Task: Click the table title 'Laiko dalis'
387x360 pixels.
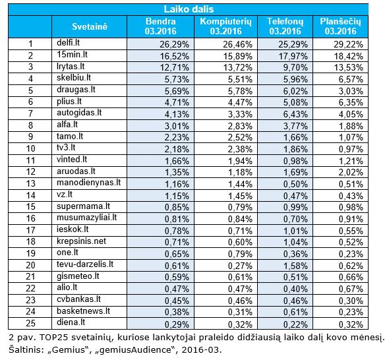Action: click(189, 9)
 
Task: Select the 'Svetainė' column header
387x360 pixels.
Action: click(90, 26)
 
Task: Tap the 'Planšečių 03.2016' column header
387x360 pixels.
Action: click(340, 26)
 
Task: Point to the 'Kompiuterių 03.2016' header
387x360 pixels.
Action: click(225, 26)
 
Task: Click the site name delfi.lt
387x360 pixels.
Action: click(68, 43)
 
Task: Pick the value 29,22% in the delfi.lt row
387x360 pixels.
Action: click(348, 44)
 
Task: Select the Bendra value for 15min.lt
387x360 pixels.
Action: click(175, 56)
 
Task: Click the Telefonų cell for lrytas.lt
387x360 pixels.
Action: click(295, 68)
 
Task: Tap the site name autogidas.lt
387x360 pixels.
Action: click(79, 113)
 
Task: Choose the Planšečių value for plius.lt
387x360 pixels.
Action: click(351, 102)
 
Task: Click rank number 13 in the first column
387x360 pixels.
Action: click(30, 183)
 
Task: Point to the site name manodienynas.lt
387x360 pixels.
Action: click(88, 183)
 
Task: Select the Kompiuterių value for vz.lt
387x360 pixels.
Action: click(240, 196)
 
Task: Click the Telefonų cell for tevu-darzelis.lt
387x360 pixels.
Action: click(295, 266)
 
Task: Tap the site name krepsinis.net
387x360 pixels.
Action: click(81, 241)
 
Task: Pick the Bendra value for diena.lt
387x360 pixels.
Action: click(177, 324)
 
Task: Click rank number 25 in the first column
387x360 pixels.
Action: click(30, 323)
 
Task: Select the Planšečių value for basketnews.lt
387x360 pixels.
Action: click(351, 313)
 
